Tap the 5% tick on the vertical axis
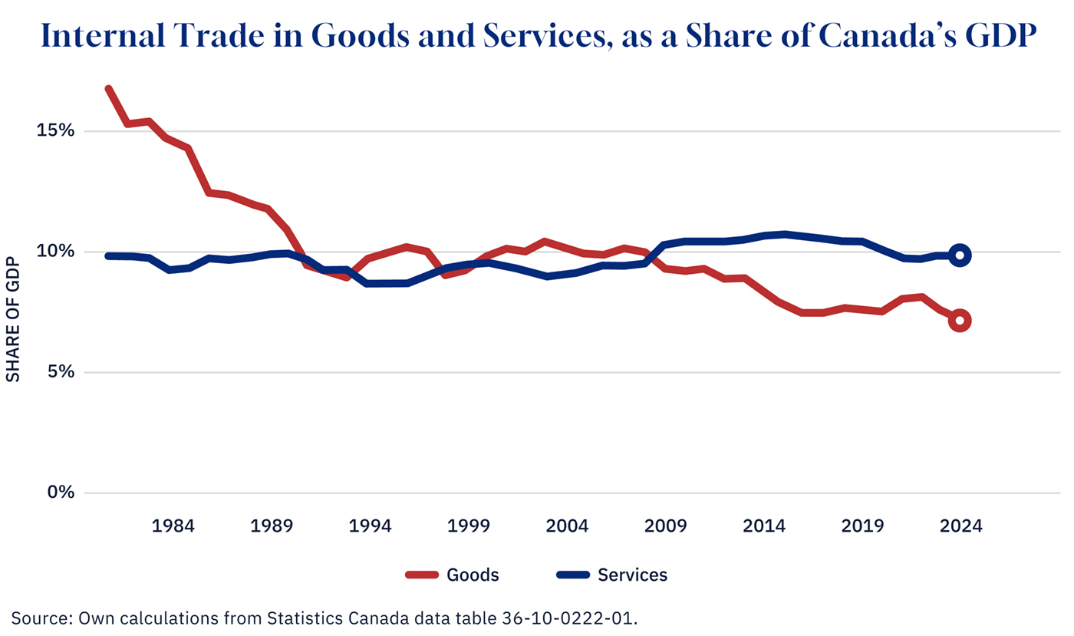pyautogui.click(x=62, y=372)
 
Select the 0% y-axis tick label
pyautogui.click(x=62, y=493)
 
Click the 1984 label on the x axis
pyautogui.click(x=173, y=527)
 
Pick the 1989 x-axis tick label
pyautogui.click(x=272, y=527)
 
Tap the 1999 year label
pyautogui.click(x=469, y=527)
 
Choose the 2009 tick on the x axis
pyautogui.click(x=665, y=527)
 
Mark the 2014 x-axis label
pyautogui.click(x=764, y=527)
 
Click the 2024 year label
pyautogui.click(x=960, y=527)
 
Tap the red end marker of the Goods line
pyautogui.click(x=960, y=321)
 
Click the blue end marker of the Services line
pyautogui.click(x=960, y=255)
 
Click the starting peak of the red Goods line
pyautogui.click(x=109, y=89)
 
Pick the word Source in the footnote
pyautogui.click(x=37, y=618)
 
